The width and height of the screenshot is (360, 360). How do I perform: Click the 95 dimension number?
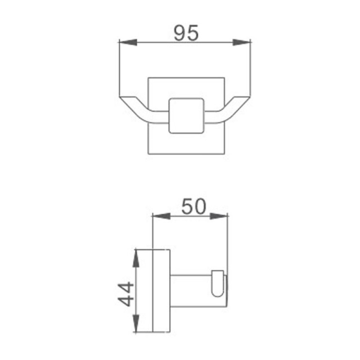(x=186, y=33)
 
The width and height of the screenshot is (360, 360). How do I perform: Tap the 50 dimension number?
(x=194, y=207)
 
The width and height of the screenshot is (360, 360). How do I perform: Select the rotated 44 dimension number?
(x=126, y=294)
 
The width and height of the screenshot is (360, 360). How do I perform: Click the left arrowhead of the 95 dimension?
(x=128, y=42)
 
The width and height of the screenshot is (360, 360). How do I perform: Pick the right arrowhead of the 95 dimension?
(x=242, y=42)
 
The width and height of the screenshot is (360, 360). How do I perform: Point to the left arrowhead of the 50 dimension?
(x=162, y=216)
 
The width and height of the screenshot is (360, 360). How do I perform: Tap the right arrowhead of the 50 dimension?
(x=219, y=216)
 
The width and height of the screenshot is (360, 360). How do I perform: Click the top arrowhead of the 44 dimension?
(x=136, y=258)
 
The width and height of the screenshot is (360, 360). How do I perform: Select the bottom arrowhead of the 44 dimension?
(x=136, y=323)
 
